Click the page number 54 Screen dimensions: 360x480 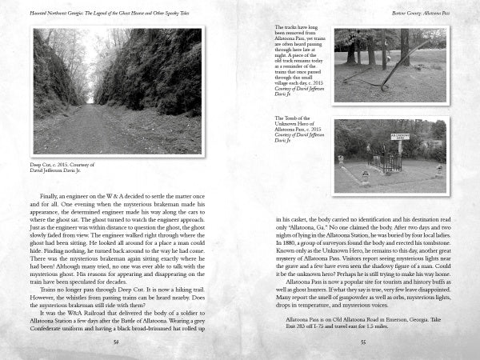point(116,340)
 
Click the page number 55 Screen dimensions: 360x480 point(362,340)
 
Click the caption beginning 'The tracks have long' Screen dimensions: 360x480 point(300,64)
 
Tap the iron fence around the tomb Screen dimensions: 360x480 point(388,162)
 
